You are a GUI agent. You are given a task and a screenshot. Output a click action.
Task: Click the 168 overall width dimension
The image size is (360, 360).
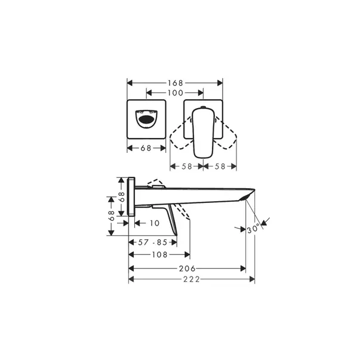(175, 82)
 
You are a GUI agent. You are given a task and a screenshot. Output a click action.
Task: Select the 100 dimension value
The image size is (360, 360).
(175, 93)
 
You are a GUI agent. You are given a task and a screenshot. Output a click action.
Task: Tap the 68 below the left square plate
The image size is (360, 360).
(146, 148)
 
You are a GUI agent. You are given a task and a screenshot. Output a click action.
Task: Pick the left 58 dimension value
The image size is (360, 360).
(187, 167)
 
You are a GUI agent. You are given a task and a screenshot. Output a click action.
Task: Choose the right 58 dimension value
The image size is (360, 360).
(220, 167)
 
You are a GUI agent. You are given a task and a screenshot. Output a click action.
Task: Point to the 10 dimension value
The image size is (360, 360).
(155, 223)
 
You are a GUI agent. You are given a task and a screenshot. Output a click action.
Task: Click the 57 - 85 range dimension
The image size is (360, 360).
(153, 242)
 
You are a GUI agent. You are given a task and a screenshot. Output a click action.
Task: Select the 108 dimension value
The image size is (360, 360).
(159, 255)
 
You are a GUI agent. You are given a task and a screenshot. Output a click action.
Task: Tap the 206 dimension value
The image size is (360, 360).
(187, 269)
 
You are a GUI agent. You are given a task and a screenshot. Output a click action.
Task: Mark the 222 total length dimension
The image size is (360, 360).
(191, 279)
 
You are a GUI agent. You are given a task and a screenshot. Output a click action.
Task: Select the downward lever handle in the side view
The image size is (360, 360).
(170, 219)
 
